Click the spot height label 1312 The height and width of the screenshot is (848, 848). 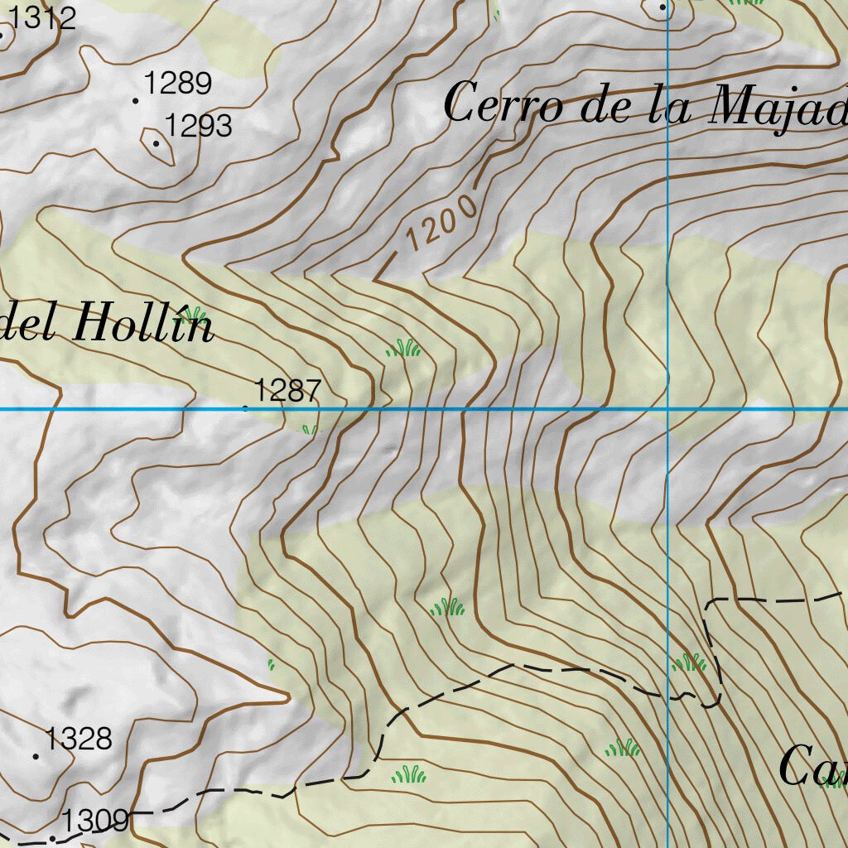point(41,17)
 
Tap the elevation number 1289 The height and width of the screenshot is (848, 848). point(178,84)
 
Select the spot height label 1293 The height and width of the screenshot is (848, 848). point(198,127)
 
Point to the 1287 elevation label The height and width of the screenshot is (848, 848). point(287,390)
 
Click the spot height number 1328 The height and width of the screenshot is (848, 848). point(79,739)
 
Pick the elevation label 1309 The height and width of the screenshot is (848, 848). point(95,821)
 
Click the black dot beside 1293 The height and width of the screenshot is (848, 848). point(156,143)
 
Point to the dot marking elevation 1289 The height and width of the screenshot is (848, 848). point(136,101)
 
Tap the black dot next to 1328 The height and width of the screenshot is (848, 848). point(36,756)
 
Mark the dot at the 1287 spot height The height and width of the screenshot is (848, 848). point(245,407)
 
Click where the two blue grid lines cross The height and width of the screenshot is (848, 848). point(667,408)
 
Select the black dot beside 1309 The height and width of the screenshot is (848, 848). point(52,838)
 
